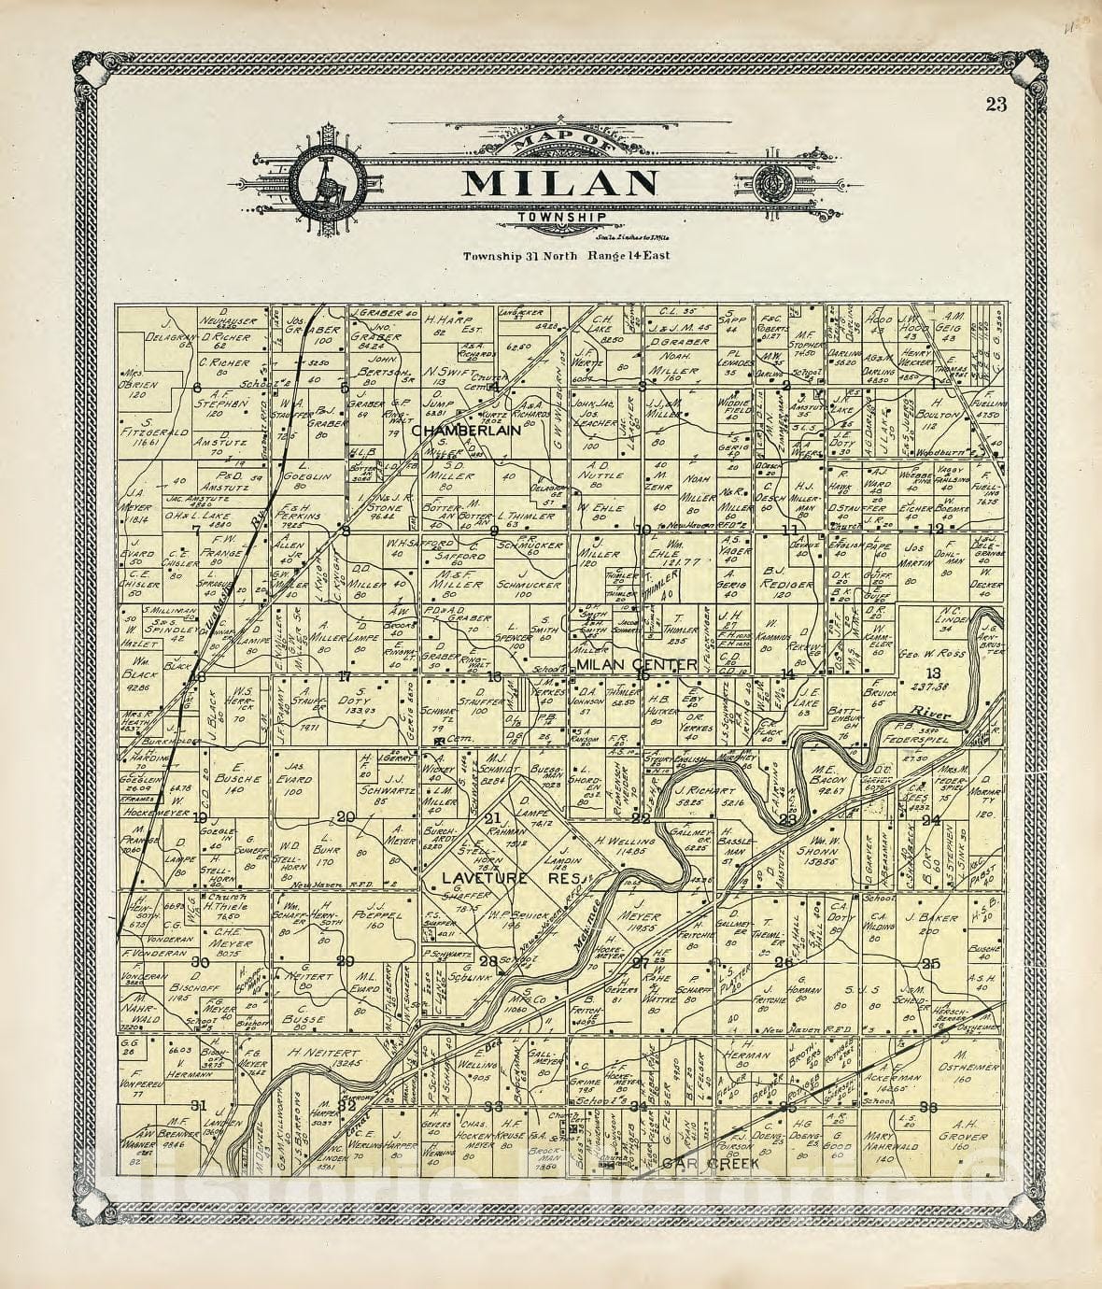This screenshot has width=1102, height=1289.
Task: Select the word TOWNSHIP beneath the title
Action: [x=558, y=219]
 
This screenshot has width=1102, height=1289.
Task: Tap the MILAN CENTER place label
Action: [x=637, y=664]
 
